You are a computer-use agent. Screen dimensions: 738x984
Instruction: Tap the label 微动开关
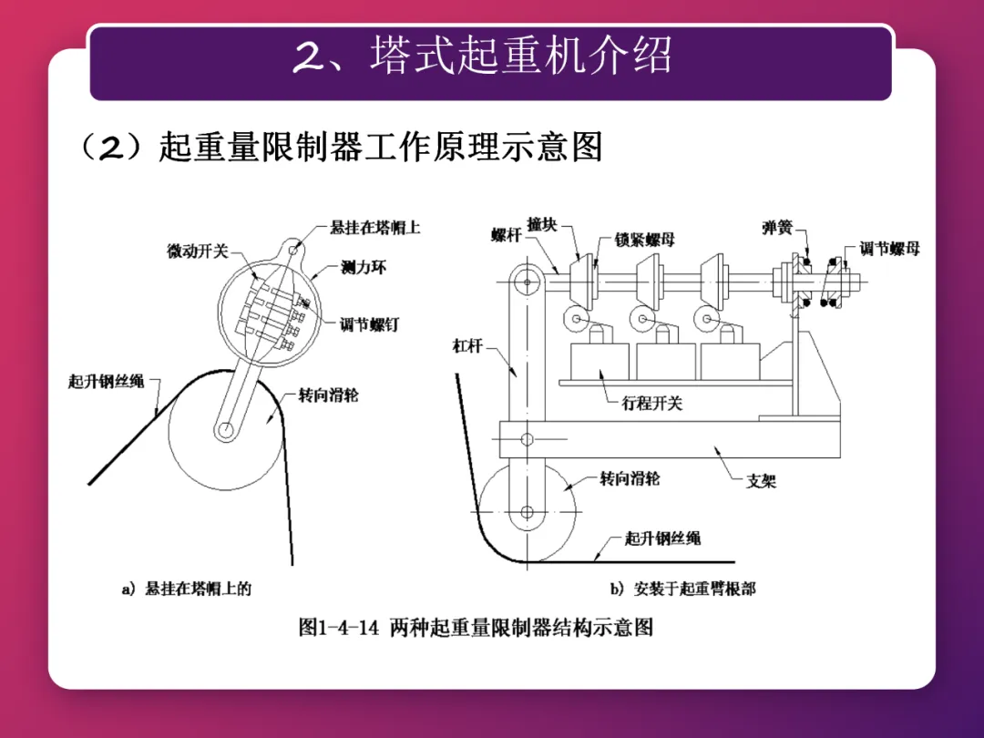(197, 251)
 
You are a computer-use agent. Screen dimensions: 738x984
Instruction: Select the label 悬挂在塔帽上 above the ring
(375, 228)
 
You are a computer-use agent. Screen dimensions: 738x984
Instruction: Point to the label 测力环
(364, 268)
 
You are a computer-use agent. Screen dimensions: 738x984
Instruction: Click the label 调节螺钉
(369, 324)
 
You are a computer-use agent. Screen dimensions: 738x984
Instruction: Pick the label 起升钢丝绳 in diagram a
(107, 381)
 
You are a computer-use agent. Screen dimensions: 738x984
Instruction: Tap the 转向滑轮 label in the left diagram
(329, 395)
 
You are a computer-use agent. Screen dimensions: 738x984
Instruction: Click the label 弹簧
(776, 227)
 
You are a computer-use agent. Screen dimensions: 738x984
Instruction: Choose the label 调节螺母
(889, 248)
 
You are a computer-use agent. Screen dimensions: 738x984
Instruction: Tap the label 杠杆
(467, 345)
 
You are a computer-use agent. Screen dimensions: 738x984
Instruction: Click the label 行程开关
(651, 404)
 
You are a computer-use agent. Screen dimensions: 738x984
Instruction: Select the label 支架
(761, 480)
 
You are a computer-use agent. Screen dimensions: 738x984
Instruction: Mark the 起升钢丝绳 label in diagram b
(662, 538)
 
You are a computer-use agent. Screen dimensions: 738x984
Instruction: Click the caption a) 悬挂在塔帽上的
(187, 589)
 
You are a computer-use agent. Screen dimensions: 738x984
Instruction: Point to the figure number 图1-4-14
(338, 628)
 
